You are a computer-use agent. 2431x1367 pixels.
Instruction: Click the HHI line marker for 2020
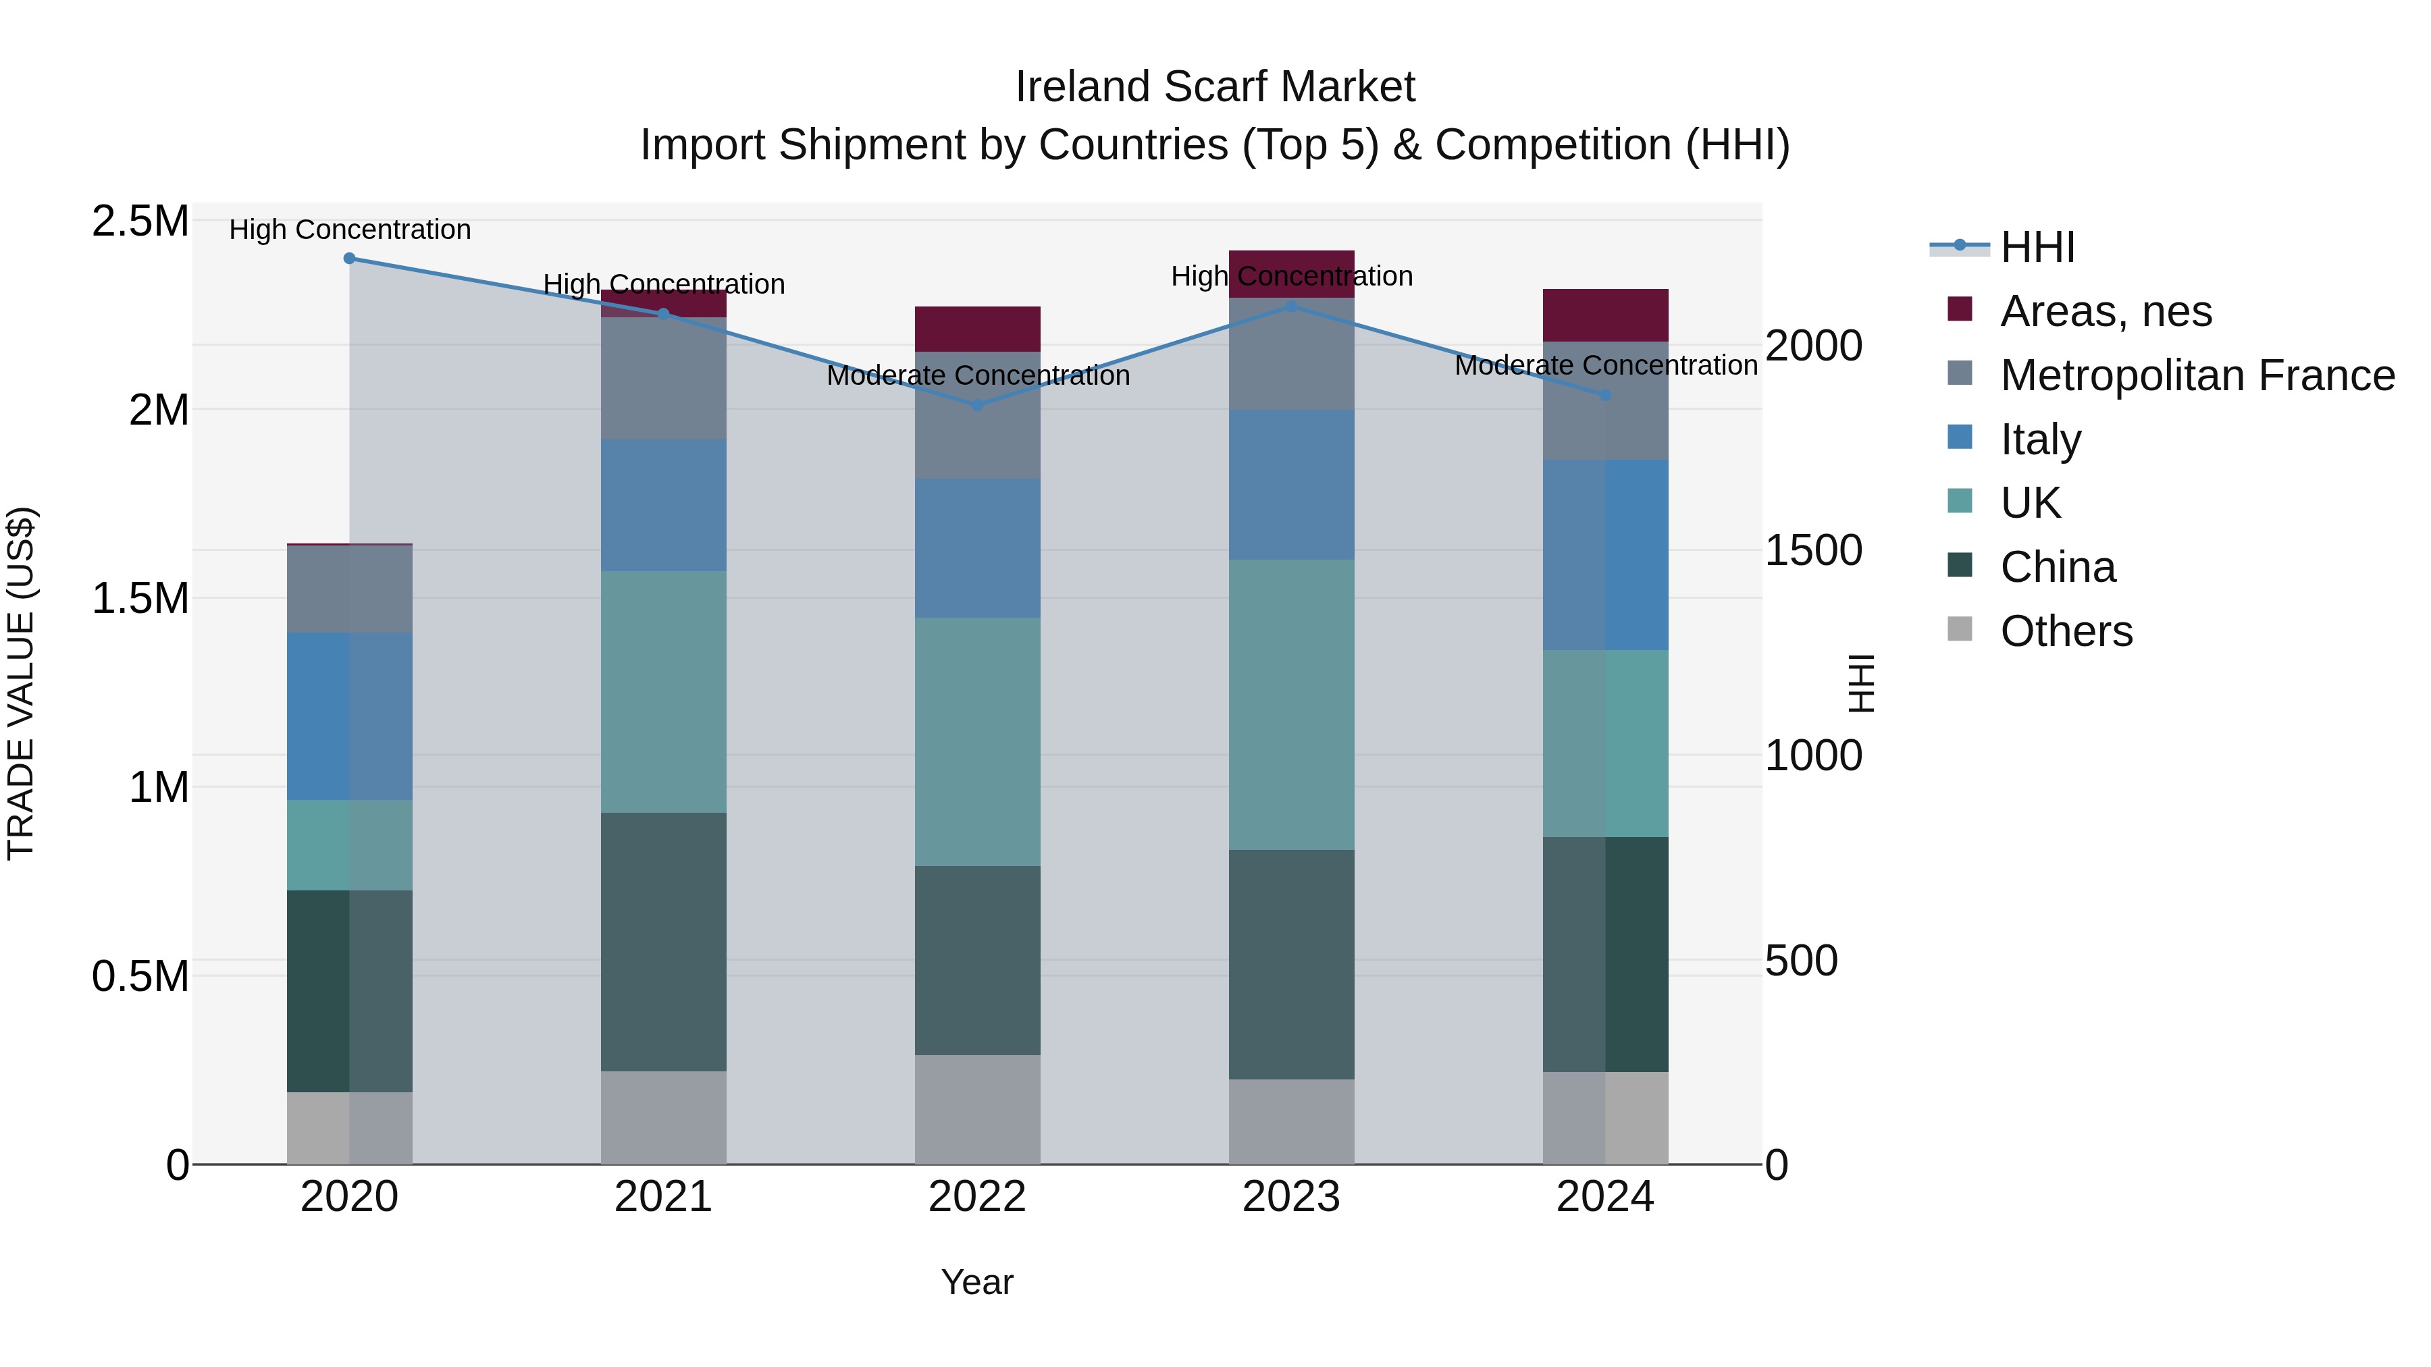(349, 258)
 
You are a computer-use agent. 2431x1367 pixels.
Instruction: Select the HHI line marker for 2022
(978, 406)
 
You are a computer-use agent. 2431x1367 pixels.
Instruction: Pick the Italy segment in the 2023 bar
(1291, 485)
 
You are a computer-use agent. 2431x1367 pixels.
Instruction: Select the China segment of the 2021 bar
(663, 942)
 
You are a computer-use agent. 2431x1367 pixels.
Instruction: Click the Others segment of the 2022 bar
(978, 1109)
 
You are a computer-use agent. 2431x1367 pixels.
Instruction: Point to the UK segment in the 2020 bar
(349, 845)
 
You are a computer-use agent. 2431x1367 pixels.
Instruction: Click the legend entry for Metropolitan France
(2197, 375)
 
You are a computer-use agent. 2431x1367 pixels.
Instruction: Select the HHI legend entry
(2037, 247)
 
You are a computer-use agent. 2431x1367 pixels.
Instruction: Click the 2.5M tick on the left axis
(140, 221)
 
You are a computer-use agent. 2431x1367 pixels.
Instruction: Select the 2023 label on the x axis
(1291, 1197)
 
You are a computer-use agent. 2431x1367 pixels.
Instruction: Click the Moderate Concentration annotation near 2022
(978, 375)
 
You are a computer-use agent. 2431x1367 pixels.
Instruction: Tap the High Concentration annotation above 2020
(349, 230)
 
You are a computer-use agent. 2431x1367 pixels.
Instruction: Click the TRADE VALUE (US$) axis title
(21, 683)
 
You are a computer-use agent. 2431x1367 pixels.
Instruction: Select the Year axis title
(976, 1282)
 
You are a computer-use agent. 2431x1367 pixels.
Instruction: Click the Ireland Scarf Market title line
(1215, 87)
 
